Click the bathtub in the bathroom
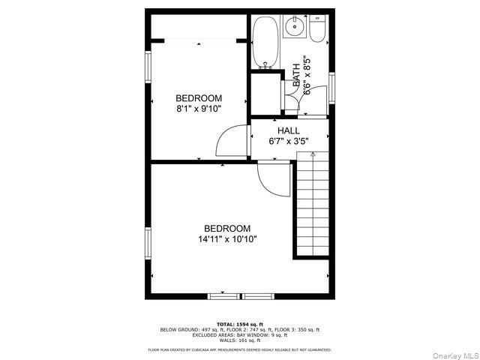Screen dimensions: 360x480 click(265, 42)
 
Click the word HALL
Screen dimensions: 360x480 click(289, 130)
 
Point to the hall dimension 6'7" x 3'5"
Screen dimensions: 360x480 click(289, 140)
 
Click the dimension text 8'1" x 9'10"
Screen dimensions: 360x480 click(199, 108)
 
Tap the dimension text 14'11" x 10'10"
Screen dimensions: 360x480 click(227, 239)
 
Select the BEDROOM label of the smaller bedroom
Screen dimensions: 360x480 click(199, 98)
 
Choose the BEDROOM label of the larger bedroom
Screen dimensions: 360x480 click(227, 229)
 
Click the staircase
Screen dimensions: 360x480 click(312, 202)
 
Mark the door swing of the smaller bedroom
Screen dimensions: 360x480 click(233, 141)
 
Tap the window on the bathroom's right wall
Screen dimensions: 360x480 click(331, 84)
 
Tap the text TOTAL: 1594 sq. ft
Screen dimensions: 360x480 click(239, 323)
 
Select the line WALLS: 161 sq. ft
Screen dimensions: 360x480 click(239, 340)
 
